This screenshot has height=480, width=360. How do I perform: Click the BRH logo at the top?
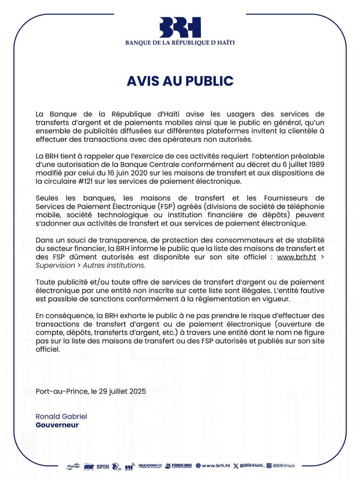(180, 28)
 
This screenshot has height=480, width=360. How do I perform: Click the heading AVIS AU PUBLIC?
(180, 81)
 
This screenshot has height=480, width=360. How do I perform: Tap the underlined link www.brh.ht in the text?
(296, 257)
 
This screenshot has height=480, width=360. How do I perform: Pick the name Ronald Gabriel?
(61, 416)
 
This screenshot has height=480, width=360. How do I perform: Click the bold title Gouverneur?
(57, 425)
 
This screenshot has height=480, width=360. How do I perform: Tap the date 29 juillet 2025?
(122, 391)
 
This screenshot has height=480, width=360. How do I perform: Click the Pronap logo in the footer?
(73, 466)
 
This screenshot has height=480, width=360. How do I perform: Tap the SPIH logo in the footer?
(103, 466)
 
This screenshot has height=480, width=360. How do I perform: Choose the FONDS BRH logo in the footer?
(178, 466)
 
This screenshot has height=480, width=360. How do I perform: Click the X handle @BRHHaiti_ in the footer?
(252, 465)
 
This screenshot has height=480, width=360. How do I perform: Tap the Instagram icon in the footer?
(269, 466)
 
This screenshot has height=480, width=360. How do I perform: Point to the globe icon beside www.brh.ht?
(198, 466)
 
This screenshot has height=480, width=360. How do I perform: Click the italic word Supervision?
(55, 265)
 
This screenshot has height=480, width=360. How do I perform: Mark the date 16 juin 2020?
(128, 173)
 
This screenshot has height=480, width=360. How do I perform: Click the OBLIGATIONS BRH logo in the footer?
(150, 466)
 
